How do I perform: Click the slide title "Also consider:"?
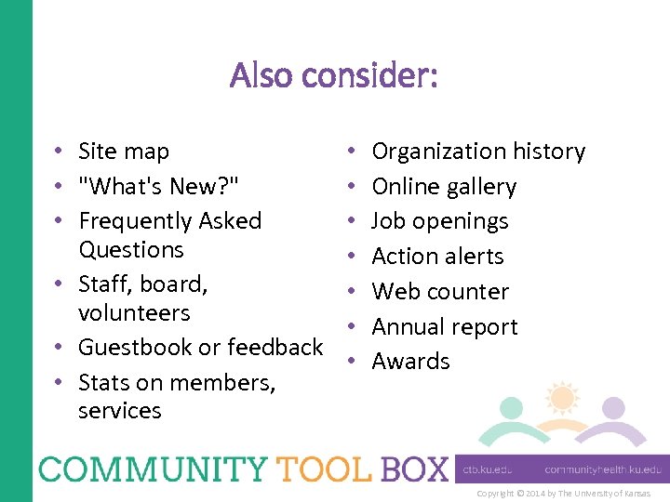(334, 76)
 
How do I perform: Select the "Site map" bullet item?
(124, 152)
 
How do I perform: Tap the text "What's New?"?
(159, 187)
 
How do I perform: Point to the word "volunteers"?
(134, 313)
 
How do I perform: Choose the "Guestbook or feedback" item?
(200, 348)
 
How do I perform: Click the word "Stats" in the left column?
(105, 382)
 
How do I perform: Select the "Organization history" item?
(478, 152)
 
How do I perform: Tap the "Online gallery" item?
(444, 187)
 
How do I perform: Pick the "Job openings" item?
(440, 221)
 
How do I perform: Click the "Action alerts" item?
(437, 257)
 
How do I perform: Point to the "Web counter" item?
(440, 292)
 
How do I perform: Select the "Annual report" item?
(445, 327)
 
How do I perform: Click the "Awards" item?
(410, 362)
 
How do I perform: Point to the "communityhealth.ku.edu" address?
(603, 470)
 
